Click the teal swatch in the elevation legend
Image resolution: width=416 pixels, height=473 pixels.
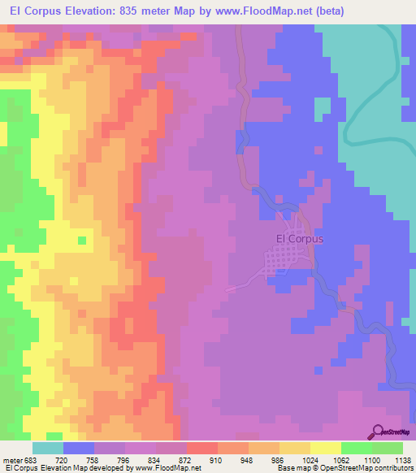coord(48,448)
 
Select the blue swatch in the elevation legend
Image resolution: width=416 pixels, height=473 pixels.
coord(79,448)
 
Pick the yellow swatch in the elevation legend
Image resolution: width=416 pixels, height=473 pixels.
coord(325,448)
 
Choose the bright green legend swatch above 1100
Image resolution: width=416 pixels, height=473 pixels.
coord(356,448)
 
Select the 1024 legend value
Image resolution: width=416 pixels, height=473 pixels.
coord(309,459)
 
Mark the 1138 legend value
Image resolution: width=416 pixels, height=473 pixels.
coord(401,459)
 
